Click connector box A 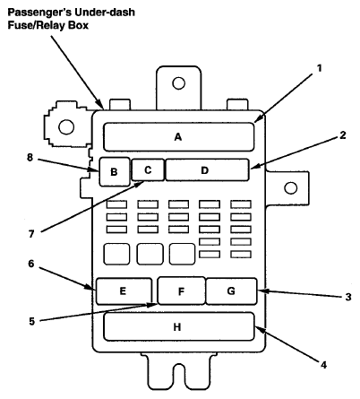click(179, 137)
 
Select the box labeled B click(115, 172)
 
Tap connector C click(148, 169)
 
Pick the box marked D click(207, 169)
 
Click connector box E click(124, 291)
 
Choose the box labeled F click(181, 291)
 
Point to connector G click(231, 291)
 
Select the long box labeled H click(179, 326)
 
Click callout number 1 click(319, 68)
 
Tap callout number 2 click(343, 135)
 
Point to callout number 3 click(348, 297)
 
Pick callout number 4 click(323, 365)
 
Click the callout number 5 click(32, 321)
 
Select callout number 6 click(31, 264)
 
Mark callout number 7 click(31, 234)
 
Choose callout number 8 click(30, 157)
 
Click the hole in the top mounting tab click(178, 83)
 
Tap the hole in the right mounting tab click(291, 188)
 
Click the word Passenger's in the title click(39, 13)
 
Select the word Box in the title click(79, 25)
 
